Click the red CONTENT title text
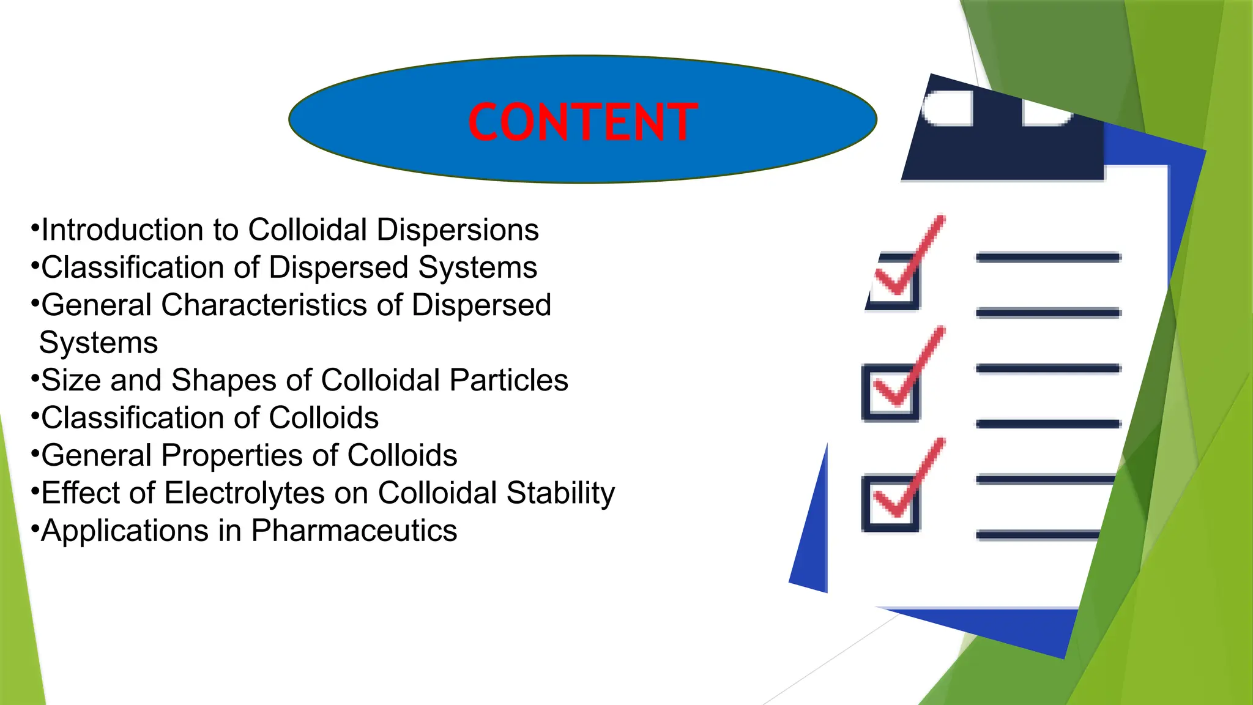pos(582,122)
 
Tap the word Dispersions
pos(457,230)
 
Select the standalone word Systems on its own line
pos(99,343)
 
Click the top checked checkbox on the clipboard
pos(893,282)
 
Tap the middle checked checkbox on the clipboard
pos(891,393)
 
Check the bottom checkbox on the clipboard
pos(891,504)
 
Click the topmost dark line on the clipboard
pos(1047,258)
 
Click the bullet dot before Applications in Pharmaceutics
pos(35,527)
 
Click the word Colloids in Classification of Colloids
pos(324,418)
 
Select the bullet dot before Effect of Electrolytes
pos(35,490)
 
